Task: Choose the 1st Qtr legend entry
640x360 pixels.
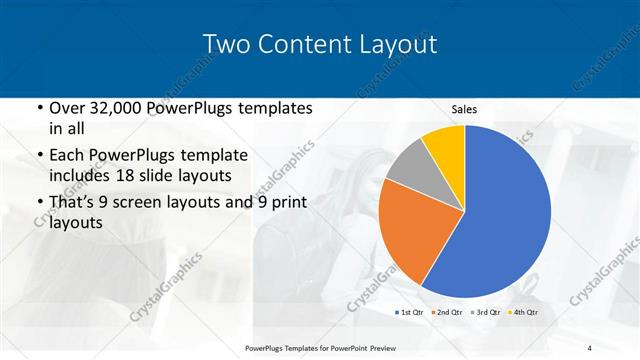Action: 411,313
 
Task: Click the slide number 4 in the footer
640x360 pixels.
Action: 589,347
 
